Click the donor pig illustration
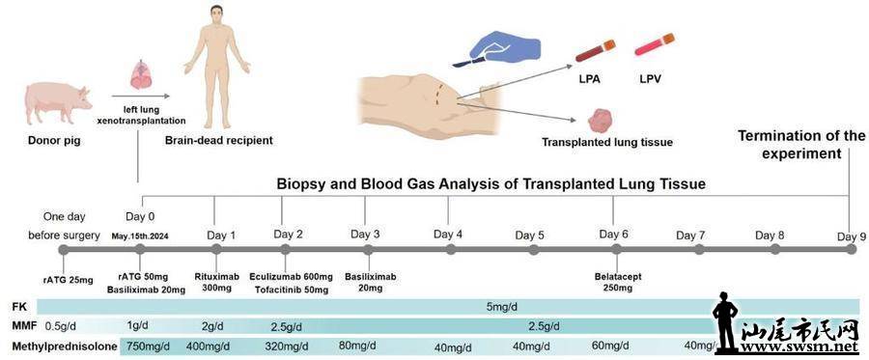coord(58,103)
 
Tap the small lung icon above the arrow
coord(141,75)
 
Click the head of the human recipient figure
coord(216,16)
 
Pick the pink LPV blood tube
coord(654,44)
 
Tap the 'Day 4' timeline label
coord(448,234)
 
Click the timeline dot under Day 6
coord(616,249)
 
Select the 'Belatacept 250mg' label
coord(616,282)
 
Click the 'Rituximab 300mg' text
coord(216,282)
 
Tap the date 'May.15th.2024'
coord(141,236)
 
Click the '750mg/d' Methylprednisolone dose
coord(149,346)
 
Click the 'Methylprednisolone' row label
coord(65,346)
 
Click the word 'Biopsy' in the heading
coord(297,184)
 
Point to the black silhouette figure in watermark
coord(725,323)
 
